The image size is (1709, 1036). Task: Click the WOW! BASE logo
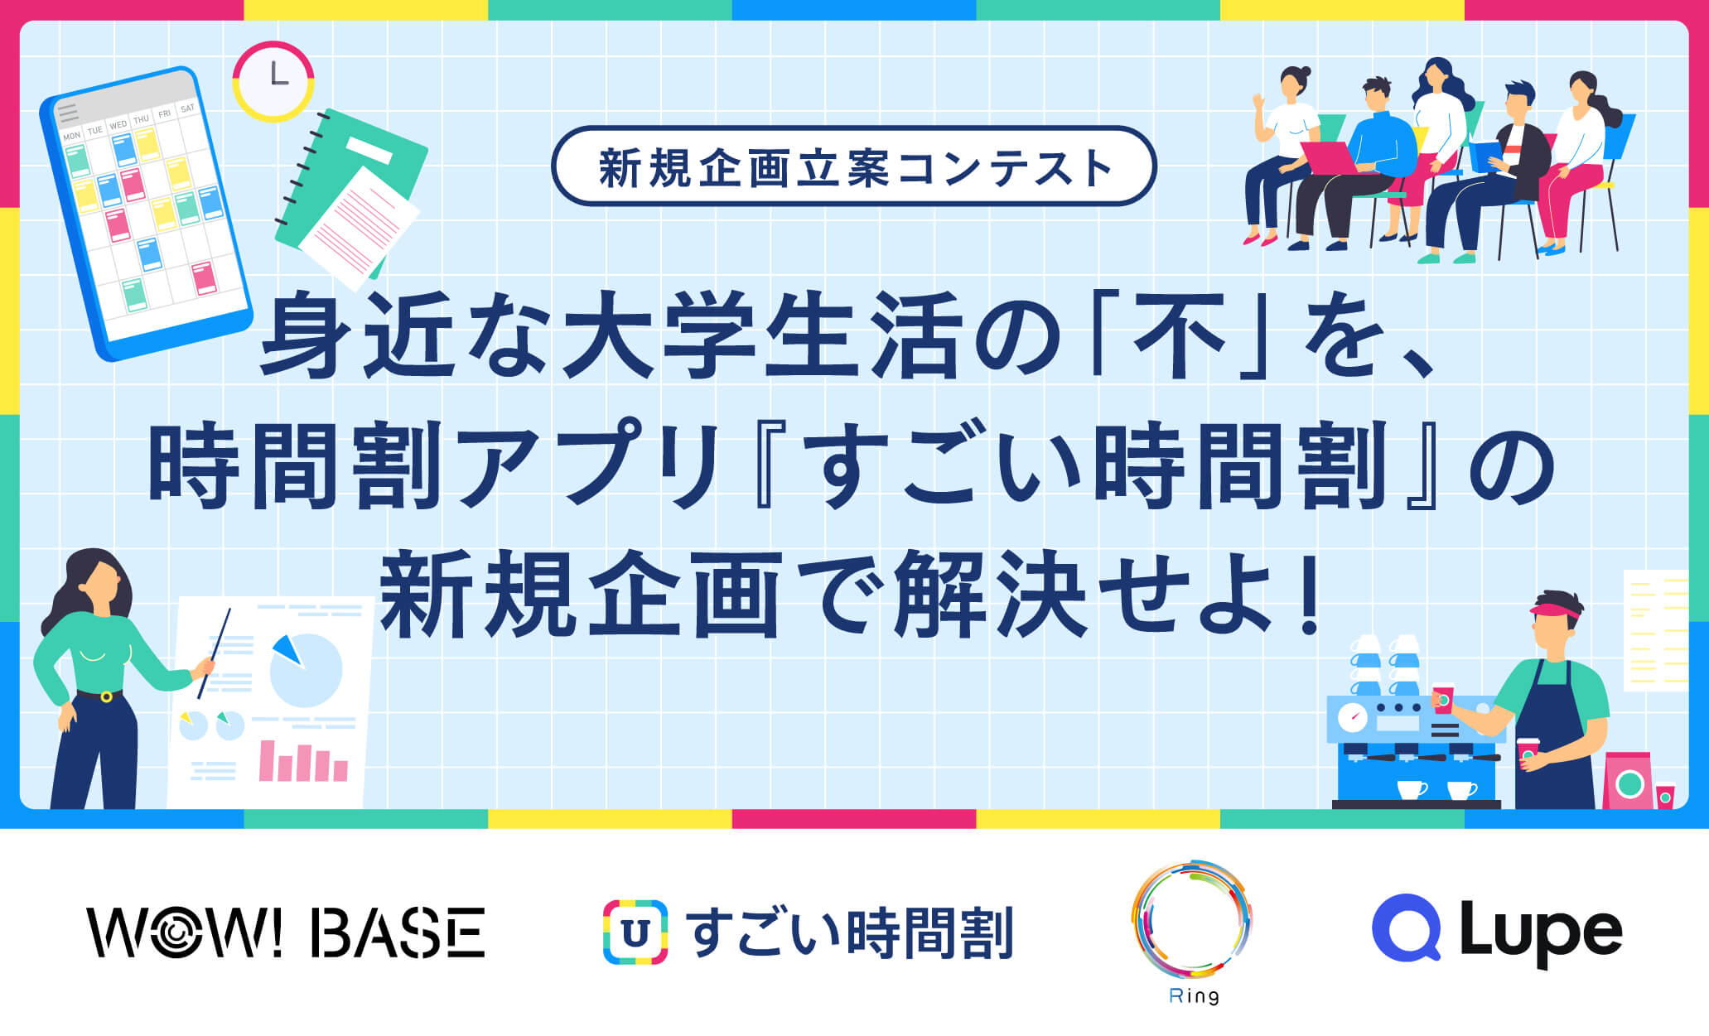[286, 932]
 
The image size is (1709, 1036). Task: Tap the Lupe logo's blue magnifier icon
[1406, 928]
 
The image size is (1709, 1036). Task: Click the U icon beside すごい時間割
[635, 932]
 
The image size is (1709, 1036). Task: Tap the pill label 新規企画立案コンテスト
[854, 166]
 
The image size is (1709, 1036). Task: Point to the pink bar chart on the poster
[303, 761]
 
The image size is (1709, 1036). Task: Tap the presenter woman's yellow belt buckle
[106, 696]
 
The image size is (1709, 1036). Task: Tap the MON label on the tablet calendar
[72, 135]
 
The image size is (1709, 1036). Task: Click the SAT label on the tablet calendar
[188, 108]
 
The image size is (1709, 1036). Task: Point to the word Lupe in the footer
[1541, 932]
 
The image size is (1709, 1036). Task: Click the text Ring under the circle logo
[1194, 996]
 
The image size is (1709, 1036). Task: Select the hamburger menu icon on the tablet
[68, 112]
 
